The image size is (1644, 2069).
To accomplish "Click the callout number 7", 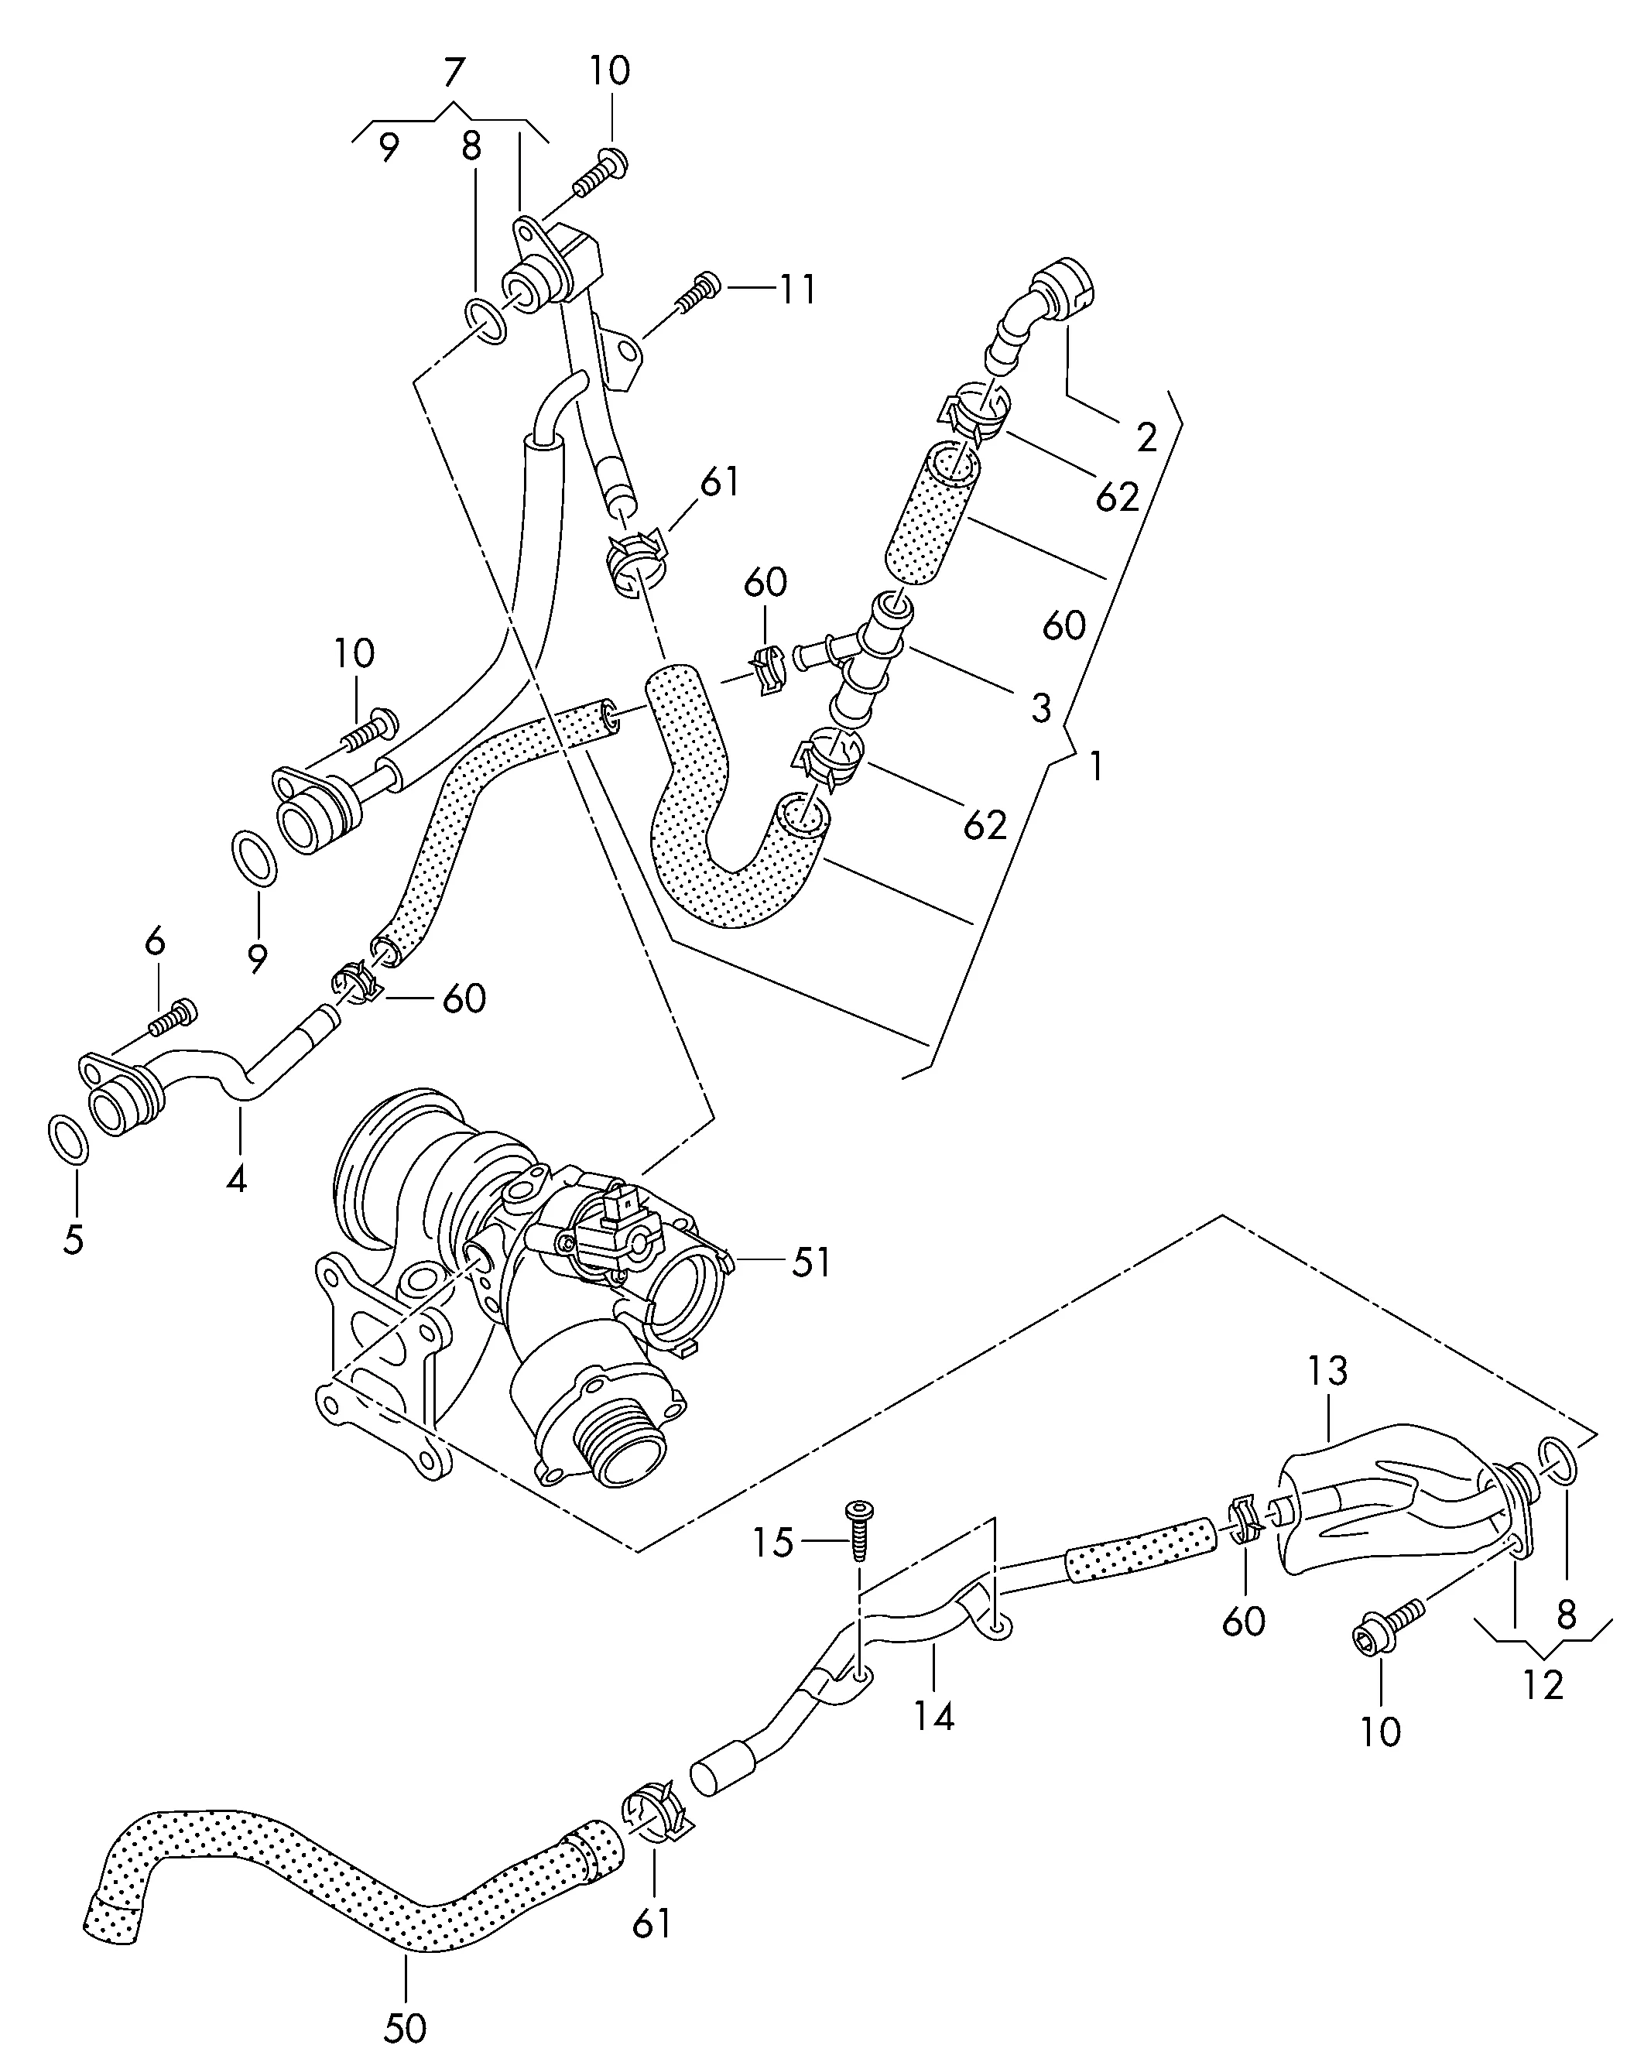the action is [454, 73].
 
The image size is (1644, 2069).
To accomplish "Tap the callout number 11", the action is [796, 289].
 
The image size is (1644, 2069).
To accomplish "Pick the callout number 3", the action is [1041, 708].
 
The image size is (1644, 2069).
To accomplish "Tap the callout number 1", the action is [1095, 767].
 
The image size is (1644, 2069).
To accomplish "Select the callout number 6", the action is [156, 941].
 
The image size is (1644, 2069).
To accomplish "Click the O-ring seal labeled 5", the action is [67, 1140].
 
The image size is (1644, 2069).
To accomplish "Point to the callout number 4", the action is [236, 1178].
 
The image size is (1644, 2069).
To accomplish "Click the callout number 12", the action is [1543, 1685].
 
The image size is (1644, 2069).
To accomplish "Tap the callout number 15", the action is [772, 1543].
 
